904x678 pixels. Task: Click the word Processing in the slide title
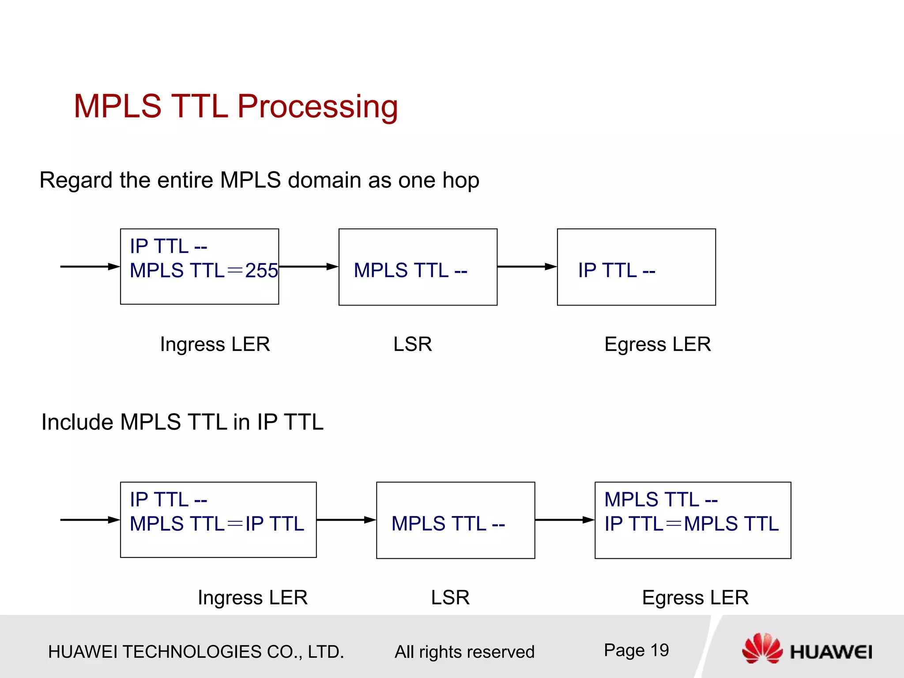(317, 107)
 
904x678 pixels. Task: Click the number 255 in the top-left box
(261, 271)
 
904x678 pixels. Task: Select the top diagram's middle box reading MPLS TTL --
(418, 267)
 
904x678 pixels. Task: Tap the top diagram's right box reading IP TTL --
(636, 267)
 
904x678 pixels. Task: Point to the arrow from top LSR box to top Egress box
(527, 267)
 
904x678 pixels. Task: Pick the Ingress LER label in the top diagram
(215, 344)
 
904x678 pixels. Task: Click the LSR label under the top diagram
(412, 344)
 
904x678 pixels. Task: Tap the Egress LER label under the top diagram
(657, 344)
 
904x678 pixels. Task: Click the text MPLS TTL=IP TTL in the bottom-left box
(217, 524)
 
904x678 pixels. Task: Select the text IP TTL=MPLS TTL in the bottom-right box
(691, 524)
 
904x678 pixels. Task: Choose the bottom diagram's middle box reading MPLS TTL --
(455, 520)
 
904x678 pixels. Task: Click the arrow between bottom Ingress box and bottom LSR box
(346, 520)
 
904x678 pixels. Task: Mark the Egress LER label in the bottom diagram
(695, 598)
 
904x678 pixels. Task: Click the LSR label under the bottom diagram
(450, 598)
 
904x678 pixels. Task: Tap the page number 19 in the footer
(659, 650)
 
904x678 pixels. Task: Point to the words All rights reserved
(464, 652)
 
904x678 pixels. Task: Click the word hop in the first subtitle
(460, 181)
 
